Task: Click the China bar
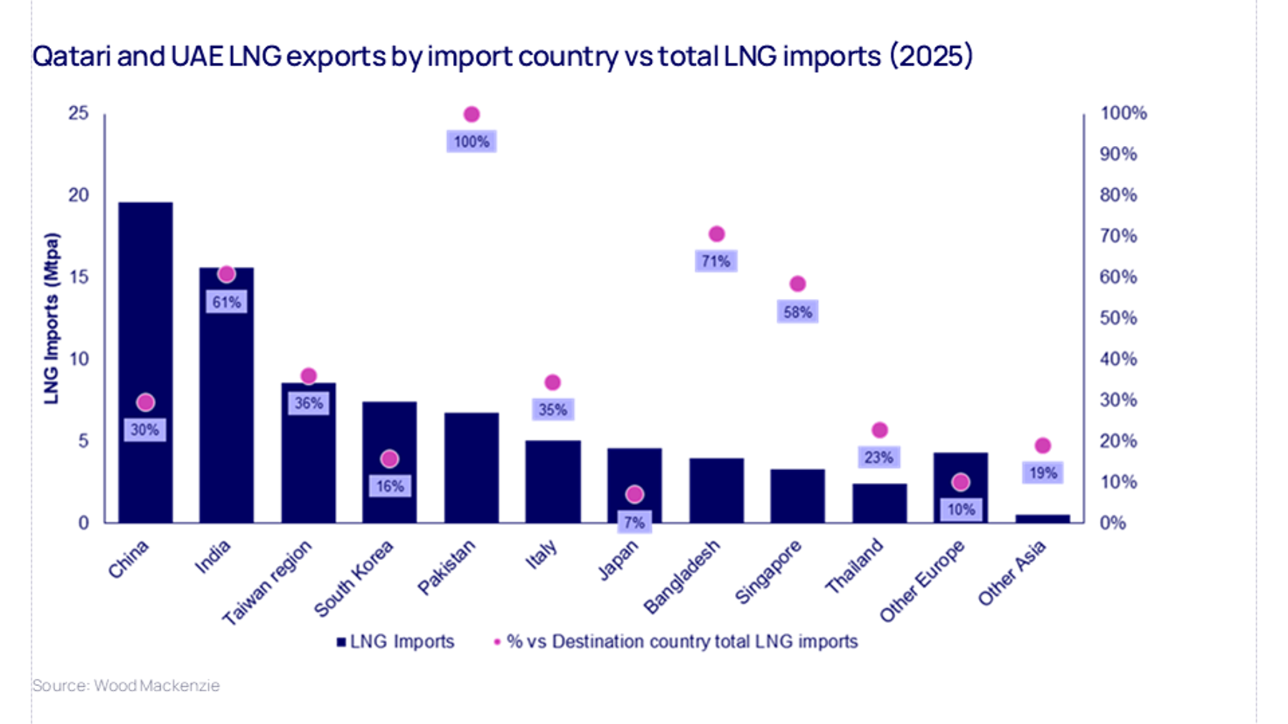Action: click(x=145, y=322)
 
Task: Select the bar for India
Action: click(x=226, y=401)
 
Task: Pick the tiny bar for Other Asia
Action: click(x=1043, y=519)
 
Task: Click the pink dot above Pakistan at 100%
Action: click(x=472, y=114)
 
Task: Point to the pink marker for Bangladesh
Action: click(x=716, y=234)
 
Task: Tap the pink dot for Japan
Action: click(x=635, y=494)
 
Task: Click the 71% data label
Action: click(x=716, y=261)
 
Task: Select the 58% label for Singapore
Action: click(x=797, y=312)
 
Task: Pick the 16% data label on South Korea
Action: click(x=390, y=486)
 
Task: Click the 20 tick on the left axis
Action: click(x=79, y=195)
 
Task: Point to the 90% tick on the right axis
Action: click(x=1118, y=154)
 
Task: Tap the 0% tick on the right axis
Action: click(x=1113, y=523)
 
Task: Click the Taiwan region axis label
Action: click(x=268, y=582)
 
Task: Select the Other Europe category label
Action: click(x=922, y=581)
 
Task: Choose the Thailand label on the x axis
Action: click(x=854, y=566)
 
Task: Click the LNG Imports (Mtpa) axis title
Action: click(x=52, y=318)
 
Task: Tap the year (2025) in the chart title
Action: click(x=931, y=56)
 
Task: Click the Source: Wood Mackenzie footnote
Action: click(x=126, y=685)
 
